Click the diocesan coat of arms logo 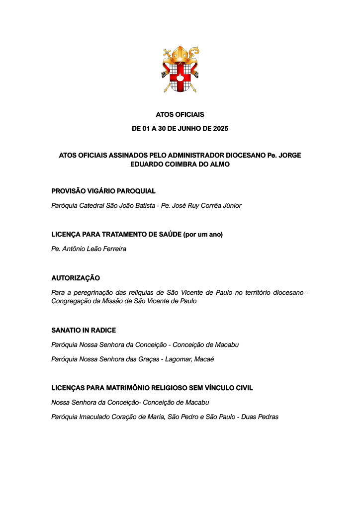(180, 71)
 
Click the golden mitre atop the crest (180, 55)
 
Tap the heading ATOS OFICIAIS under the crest (180, 115)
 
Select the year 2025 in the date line (220, 128)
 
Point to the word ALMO (219, 164)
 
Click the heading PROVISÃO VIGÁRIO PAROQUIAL (103, 191)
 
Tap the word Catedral (92, 205)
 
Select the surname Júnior (230, 205)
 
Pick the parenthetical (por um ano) (203, 234)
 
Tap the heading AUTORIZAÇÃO (76, 278)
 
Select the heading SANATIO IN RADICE (84, 330)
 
